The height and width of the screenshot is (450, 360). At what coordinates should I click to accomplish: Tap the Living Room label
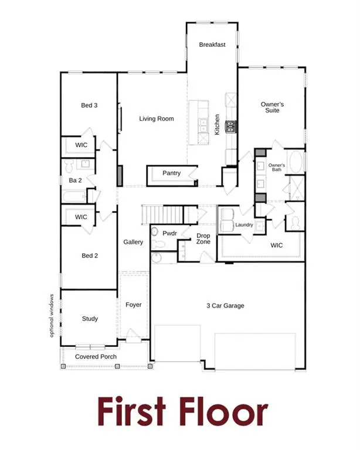(x=157, y=119)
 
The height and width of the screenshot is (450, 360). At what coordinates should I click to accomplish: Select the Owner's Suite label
(x=272, y=108)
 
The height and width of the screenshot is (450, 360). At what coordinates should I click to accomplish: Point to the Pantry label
(x=172, y=173)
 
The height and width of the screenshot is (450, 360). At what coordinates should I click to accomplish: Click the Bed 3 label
(x=89, y=105)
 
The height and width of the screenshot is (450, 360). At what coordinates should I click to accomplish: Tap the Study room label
(x=90, y=319)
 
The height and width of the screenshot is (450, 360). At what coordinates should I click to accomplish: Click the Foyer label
(x=134, y=305)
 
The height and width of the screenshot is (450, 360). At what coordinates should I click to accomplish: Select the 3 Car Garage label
(x=225, y=305)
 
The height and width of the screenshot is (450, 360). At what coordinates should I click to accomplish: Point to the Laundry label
(x=243, y=225)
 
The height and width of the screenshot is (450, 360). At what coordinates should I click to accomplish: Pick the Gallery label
(x=133, y=241)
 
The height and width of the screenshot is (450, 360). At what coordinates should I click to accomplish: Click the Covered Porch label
(x=96, y=356)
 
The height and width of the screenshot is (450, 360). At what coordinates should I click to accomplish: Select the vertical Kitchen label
(x=217, y=125)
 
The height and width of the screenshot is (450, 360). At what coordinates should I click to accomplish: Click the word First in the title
(x=133, y=411)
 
